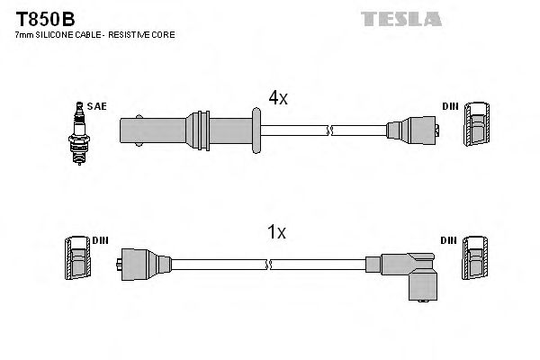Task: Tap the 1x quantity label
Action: pos(276,232)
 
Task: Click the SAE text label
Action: pos(96,106)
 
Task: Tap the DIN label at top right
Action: pos(450,106)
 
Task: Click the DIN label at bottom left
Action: pos(100,240)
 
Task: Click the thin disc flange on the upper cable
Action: pos(257,129)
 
